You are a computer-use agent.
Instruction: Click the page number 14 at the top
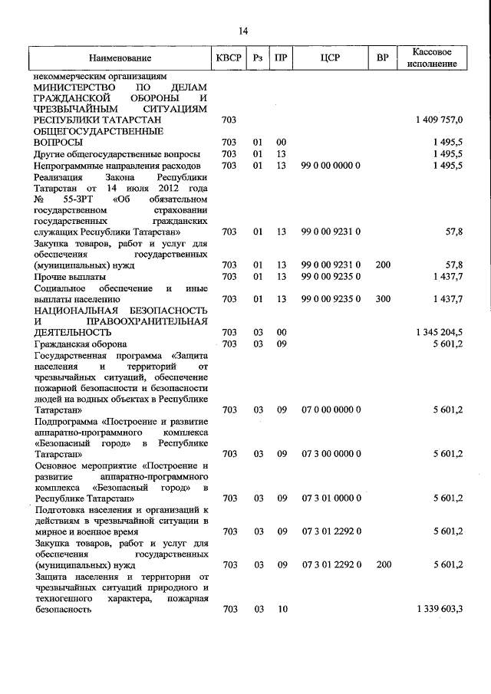click(243, 31)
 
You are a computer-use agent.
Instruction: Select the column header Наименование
click(120, 58)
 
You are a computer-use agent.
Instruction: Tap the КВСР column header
click(229, 58)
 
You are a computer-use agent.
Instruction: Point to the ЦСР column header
click(331, 58)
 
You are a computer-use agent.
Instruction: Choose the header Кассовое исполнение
click(436, 58)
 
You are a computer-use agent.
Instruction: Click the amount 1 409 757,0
click(439, 120)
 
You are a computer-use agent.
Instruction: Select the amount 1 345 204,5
click(439, 332)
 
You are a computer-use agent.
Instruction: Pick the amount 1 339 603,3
click(439, 609)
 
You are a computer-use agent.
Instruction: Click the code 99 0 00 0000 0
click(331, 165)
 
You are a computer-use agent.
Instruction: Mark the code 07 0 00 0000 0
click(331, 410)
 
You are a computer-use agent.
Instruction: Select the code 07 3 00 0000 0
click(331, 454)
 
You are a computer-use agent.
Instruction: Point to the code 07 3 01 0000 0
click(331, 498)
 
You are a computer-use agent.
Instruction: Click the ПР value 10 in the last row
click(282, 609)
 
